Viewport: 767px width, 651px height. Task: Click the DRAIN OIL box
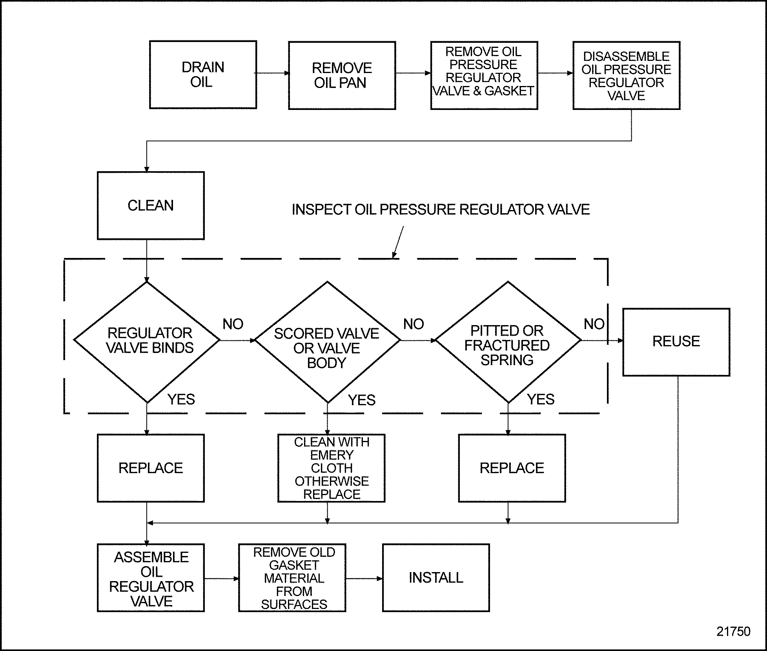pos(203,75)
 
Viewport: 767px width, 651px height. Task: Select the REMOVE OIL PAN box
pos(342,75)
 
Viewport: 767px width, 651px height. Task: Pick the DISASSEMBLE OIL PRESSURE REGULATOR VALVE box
pos(626,75)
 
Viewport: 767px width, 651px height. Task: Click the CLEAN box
pos(151,205)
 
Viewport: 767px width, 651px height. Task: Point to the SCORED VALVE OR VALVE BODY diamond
pos(327,342)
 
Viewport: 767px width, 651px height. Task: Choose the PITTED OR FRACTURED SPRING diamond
pos(508,342)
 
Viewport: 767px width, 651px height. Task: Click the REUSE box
pos(676,342)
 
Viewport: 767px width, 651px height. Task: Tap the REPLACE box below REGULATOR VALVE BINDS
pos(151,468)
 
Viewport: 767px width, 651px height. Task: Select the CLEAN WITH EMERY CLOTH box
pos(332,468)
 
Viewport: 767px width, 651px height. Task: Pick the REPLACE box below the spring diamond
pos(512,468)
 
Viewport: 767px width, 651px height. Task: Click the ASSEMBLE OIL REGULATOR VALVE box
pos(151,578)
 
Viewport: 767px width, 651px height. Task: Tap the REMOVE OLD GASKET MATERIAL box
pos(292,578)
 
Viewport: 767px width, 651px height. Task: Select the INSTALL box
pos(436,578)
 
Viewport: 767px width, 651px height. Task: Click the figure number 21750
pos(733,631)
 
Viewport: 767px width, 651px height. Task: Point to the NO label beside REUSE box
pos(594,324)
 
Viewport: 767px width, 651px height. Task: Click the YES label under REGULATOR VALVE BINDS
pos(181,400)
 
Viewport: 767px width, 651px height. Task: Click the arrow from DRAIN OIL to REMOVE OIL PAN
pos(273,73)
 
